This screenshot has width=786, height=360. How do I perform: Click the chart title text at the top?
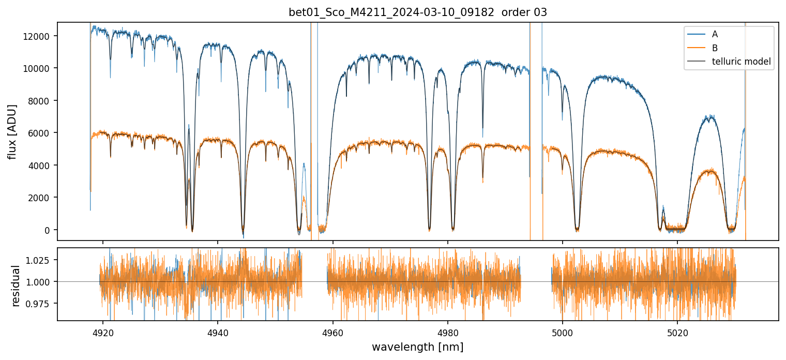418,12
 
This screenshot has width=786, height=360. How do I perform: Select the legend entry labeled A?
715,34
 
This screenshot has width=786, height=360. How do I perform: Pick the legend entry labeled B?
715,48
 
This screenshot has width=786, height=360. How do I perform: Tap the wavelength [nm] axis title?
418,347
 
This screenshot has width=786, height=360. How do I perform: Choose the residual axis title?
16,286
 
